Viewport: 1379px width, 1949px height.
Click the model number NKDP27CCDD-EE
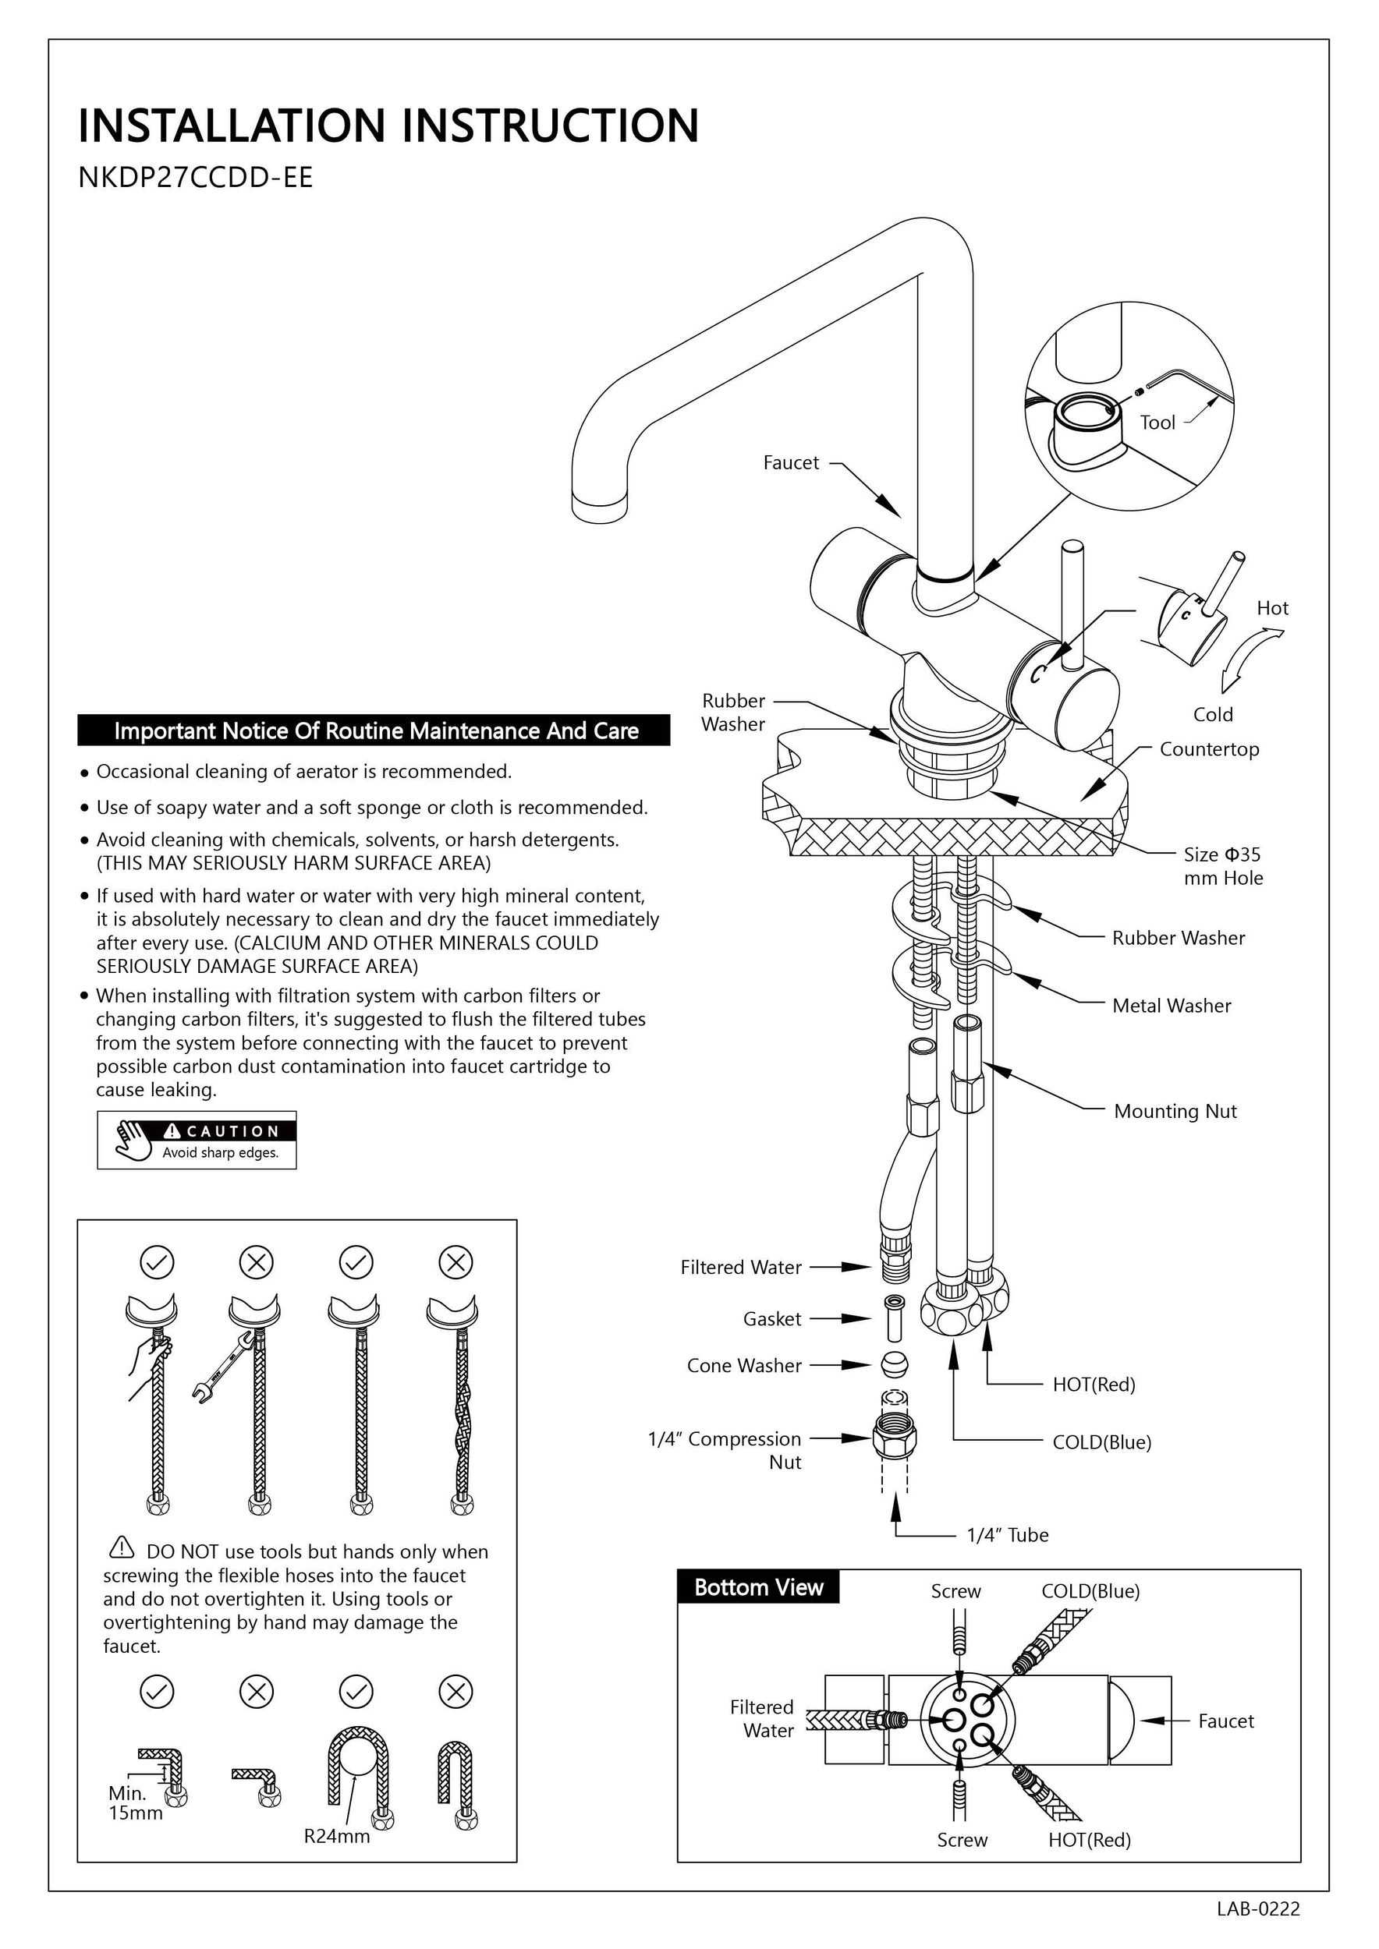(x=195, y=178)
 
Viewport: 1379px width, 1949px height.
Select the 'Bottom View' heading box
(x=758, y=1587)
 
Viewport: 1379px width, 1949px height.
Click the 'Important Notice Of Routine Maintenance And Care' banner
(x=374, y=731)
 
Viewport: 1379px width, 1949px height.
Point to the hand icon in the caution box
(x=135, y=1139)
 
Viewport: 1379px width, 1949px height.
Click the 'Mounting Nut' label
(x=1175, y=1111)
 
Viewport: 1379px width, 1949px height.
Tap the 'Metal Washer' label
(x=1171, y=1006)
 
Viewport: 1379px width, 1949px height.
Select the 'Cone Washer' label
(x=744, y=1366)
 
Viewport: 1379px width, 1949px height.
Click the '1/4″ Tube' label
(x=1007, y=1536)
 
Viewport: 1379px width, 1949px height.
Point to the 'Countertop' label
(x=1209, y=749)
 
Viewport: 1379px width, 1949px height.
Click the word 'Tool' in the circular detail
(x=1157, y=423)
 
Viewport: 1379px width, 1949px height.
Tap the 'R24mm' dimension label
(x=337, y=1836)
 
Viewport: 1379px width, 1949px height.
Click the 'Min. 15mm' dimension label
(x=134, y=1803)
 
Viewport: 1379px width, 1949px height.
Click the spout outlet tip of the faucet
(x=601, y=506)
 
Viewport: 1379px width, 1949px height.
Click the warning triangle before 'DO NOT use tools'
(x=122, y=1548)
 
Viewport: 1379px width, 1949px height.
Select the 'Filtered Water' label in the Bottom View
(x=762, y=1719)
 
